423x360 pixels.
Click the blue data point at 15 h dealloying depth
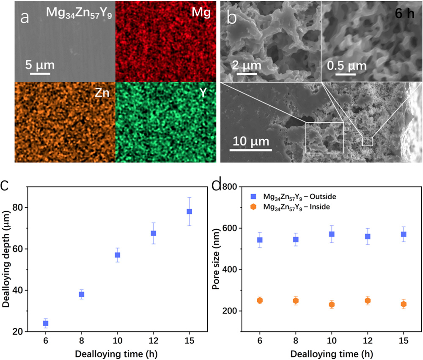click(x=189, y=212)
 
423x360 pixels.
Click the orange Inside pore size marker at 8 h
click(x=296, y=301)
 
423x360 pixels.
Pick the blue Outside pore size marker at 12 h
click(x=368, y=236)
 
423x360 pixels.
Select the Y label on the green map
click(x=203, y=93)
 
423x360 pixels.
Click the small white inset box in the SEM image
click(x=368, y=142)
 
